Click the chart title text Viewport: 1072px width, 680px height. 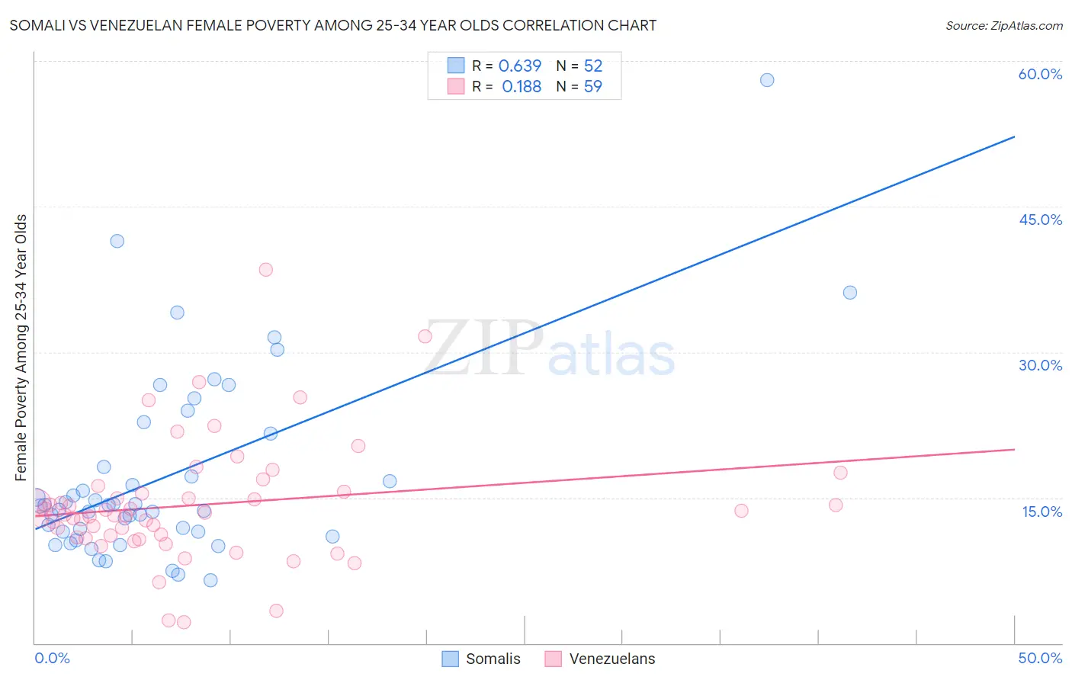[x=332, y=25]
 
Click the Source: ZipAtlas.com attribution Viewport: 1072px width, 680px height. [x=1003, y=25]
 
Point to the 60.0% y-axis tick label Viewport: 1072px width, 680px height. [x=1040, y=74]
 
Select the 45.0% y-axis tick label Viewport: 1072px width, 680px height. [x=1040, y=220]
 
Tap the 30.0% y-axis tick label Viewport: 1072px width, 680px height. [x=1040, y=365]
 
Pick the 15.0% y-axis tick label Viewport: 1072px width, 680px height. [x=1042, y=512]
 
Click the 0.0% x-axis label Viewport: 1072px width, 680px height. [x=52, y=658]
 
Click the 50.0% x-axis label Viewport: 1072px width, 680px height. [x=1040, y=658]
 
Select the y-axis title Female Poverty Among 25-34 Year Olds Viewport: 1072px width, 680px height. [x=21, y=348]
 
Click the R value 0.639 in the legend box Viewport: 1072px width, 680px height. [x=520, y=66]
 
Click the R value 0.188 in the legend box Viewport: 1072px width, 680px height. [x=522, y=87]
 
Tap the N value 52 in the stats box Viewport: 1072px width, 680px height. [x=593, y=66]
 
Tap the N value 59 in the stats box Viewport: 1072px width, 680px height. [x=593, y=87]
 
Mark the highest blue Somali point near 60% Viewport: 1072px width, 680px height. [x=767, y=80]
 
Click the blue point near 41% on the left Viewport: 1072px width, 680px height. [x=117, y=241]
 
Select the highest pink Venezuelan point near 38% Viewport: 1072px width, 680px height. [x=265, y=269]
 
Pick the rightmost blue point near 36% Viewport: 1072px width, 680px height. [x=850, y=293]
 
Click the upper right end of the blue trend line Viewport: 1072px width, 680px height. [x=1014, y=137]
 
